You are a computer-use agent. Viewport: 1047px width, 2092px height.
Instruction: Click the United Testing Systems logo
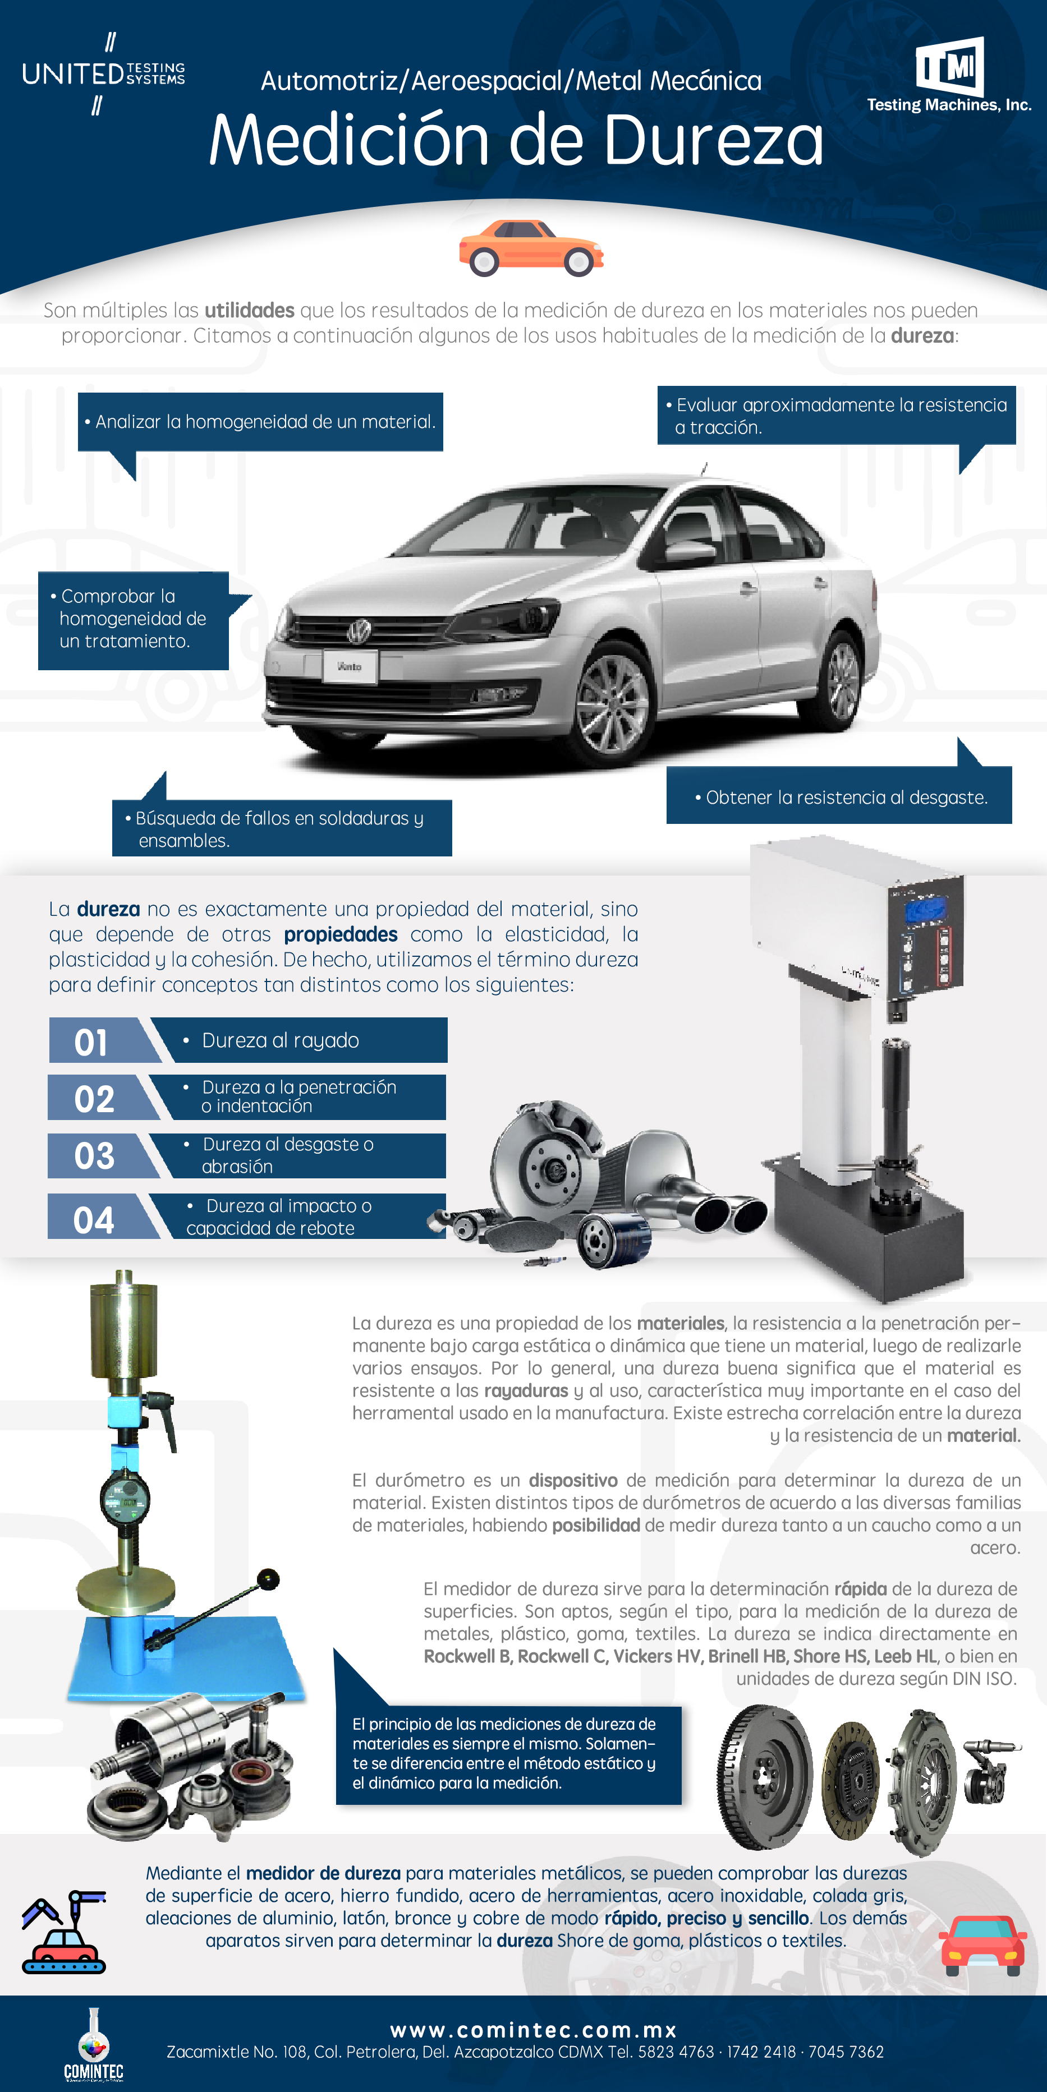(104, 74)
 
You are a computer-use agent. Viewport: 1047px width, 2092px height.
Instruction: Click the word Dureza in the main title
(713, 140)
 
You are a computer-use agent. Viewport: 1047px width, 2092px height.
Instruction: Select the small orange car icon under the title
(531, 248)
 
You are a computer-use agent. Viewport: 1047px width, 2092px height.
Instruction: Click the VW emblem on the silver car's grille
(359, 630)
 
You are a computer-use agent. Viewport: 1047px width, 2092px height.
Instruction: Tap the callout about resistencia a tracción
(837, 416)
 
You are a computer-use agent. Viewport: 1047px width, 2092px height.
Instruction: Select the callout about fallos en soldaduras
(282, 828)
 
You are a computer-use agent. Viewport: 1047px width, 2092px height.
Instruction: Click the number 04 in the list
(93, 1220)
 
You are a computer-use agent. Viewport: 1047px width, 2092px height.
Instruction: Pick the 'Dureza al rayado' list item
(280, 1040)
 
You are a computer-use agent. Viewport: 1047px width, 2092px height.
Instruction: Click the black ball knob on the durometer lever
(268, 1579)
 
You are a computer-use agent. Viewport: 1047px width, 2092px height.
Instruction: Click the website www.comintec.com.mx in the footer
(534, 2030)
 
